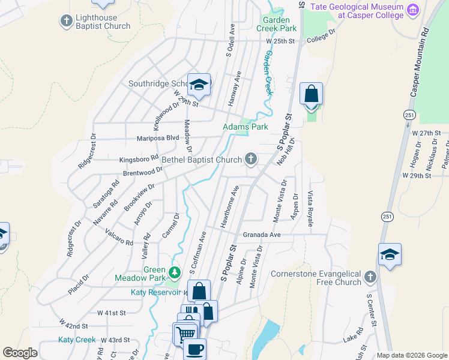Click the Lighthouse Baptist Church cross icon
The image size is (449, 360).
pyautogui.click(x=66, y=21)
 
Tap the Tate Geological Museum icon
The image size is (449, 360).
pyautogui.click(x=412, y=10)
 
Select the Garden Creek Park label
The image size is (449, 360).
pyautogui.click(x=277, y=23)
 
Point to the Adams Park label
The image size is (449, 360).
pyautogui.click(x=245, y=127)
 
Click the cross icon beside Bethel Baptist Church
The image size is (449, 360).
pyautogui.click(x=251, y=160)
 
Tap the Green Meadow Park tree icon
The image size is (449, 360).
pyautogui.click(x=175, y=273)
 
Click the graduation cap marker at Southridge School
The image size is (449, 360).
pyautogui.click(x=199, y=85)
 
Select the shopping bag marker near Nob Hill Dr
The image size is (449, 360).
pyautogui.click(x=311, y=95)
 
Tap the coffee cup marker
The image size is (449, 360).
pyautogui.click(x=194, y=349)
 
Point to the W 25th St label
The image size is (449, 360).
pyautogui.click(x=282, y=41)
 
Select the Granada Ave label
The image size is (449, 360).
pyautogui.click(x=262, y=235)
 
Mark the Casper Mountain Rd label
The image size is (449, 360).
pyautogui.click(x=420, y=62)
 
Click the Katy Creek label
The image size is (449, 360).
pyautogui.click(x=77, y=340)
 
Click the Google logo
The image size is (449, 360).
pyautogui.click(x=20, y=353)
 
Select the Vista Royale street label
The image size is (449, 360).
pyautogui.click(x=310, y=209)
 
